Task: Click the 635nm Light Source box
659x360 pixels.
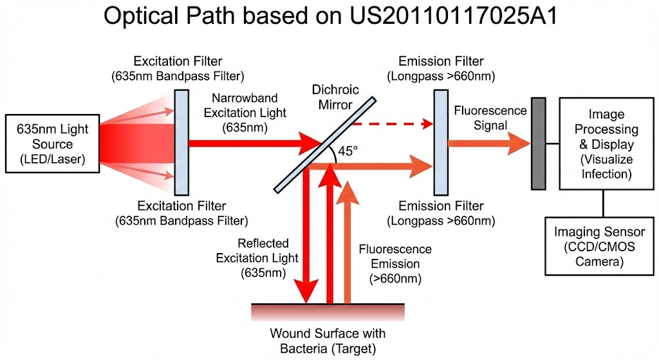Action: pyautogui.click(x=53, y=144)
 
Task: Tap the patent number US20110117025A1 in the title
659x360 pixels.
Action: pyautogui.click(x=453, y=16)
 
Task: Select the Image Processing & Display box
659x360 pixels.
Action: pyautogui.click(x=606, y=144)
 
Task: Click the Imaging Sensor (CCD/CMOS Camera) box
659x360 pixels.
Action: pyautogui.click(x=599, y=247)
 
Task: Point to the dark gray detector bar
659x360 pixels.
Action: pyautogui.click(x=539, y=144)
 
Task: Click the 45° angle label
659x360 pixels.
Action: pyautogui.click(x=348, y=151)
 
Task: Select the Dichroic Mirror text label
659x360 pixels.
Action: pyautogui.click(x=335, y=97)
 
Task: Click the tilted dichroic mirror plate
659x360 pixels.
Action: pyautogui.click(x=325, y=145)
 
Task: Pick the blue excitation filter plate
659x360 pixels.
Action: pyautogui.click(x=181, y=142)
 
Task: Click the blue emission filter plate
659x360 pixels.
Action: pyautogui.click(x=441, y=142)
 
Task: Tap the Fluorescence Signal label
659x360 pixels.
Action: pyautogui.click(x=490, y=118)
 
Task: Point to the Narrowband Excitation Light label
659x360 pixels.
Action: pyautogui.click(x=245, y=113)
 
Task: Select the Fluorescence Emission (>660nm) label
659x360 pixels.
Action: pyautogui.click(x=395, y=263)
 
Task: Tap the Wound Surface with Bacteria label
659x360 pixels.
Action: pyautogui.click(x=328, y=341)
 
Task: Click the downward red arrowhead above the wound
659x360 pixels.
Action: pyautogui.click(x=306, y=291)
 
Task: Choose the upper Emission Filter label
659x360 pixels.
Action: pyautogui.click(x=441, y=68)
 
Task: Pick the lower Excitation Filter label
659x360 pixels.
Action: pyautogui.click(x=181, y=213)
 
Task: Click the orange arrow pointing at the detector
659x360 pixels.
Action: pyautogui.click(x=489, y=144)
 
